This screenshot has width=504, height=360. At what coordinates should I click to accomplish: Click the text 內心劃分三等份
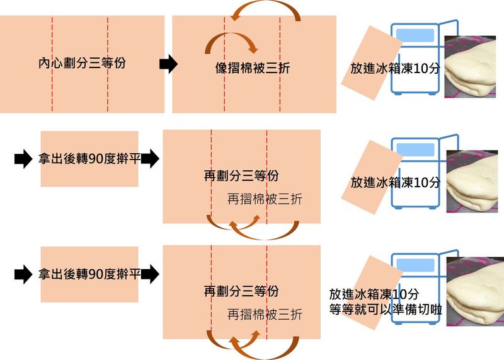coord(82,63)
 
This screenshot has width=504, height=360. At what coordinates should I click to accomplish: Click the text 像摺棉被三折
coord(253,68)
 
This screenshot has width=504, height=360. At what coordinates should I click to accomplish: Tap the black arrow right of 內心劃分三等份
coord(168,64)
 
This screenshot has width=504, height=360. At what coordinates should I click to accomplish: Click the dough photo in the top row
coord(470,67)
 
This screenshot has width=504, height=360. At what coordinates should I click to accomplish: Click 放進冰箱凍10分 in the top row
coord(395,68)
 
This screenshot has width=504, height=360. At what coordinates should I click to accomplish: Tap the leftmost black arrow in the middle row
coord(23,159)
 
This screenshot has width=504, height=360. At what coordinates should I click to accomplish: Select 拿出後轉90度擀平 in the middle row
coord(89,158)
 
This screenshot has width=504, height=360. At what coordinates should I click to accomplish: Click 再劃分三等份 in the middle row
coord(241,176)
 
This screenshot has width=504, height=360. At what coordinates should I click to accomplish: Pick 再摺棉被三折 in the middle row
coord(265,199)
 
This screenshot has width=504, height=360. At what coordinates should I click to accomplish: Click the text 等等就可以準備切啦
coord(386,309)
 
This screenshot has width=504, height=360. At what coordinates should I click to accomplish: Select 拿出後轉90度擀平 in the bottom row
coord(89,274)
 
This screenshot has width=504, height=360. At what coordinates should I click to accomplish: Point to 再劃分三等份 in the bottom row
coord(241,291)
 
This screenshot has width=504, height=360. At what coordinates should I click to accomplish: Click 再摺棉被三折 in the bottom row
coord(265,315)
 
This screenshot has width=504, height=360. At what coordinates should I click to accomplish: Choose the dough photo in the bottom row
coord(475,291)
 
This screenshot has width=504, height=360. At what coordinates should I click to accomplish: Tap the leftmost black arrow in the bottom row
coord(23,274)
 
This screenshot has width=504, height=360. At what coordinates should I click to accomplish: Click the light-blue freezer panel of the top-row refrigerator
coord(415,35)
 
